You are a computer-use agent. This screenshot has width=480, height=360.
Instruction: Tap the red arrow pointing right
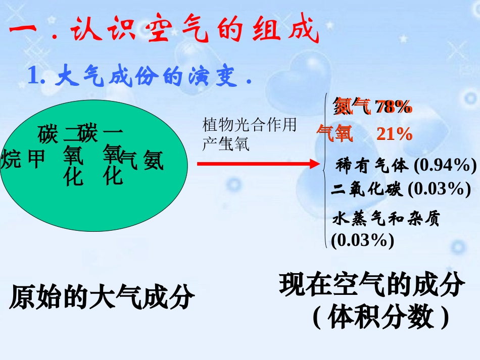coord(258,164)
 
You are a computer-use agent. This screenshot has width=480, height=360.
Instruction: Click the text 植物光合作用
coord(250,125)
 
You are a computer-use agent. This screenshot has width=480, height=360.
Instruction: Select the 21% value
coord(394,134)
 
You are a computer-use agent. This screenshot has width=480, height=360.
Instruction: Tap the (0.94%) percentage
coord(445,165)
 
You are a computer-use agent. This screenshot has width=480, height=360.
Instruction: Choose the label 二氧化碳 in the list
coord(367,189)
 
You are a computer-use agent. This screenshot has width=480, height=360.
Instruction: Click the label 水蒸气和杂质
coord(387,219)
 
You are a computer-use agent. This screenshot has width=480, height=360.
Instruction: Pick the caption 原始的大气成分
coord(102,297)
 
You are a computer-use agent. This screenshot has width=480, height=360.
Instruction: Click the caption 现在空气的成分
coord(371,286)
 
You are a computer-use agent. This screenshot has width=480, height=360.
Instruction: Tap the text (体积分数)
coord(380,318)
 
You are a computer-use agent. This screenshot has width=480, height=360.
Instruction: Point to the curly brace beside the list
coord(324,172)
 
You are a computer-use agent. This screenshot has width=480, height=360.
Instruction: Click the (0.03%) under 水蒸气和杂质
coord(362,240)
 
